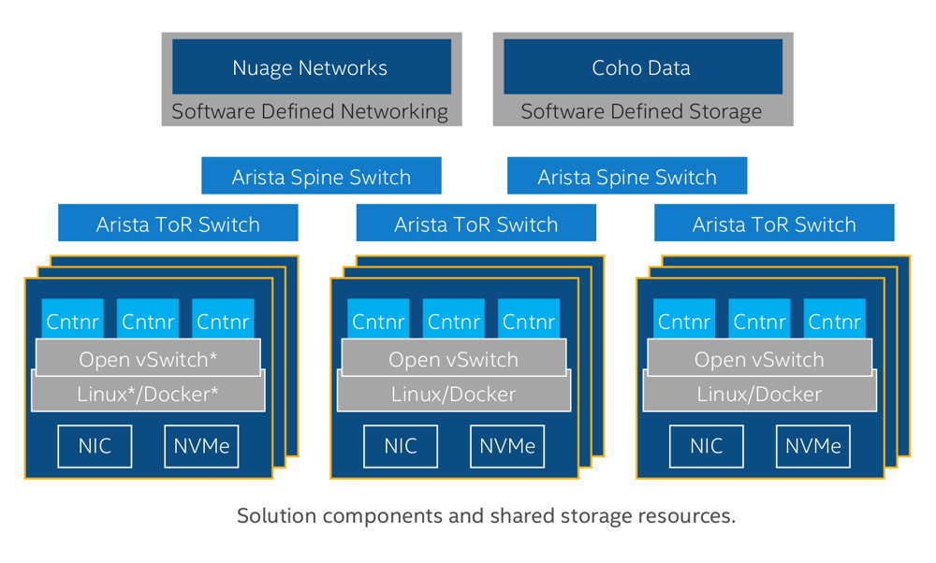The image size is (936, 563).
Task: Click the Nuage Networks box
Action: pyautogui.click(x=309, y=67)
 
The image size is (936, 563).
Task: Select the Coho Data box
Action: pyautogui.click(x=642, y=67)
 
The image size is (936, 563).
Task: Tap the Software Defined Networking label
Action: pyautogui.click(x=309, y=111)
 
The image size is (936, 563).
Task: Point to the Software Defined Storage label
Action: pyautogui.click(x=642, y=111)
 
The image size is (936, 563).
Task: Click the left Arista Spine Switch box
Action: pyautogui.click(x=321, y=177)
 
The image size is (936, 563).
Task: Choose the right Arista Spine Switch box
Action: pyautogui.click(x=627, y=177)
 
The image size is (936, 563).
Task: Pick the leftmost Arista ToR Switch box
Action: pyautogui.click(x=178, y=224)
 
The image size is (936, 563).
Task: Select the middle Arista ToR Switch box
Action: pyautogui.click(x=475, y=224)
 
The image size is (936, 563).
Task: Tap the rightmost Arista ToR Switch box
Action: pyautogui.click(x=774, y=224)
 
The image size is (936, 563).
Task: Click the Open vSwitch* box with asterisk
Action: pyautogui.click(x=148, y=358)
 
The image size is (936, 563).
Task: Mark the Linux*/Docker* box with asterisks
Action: pyautogui.click(x=148, y=395)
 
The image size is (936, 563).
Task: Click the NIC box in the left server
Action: pyautogui.click(x=95, y=446)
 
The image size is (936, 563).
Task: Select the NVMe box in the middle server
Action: pyautogui.click(x=507, y=446)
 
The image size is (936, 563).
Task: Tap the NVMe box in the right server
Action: pyautogui.click(x=813, y=446)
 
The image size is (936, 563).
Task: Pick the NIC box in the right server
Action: pyautogui.click(x=706, y=446)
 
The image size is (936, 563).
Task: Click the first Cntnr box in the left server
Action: pyautogui.click(x=72, y=321)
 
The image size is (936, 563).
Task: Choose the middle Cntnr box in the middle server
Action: pyautogui.click(x=454, y=321)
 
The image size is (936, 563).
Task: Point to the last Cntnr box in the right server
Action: pyautogui.click(x=834, y=321)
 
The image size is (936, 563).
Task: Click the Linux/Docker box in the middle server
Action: pyautogui.click(x=453, y=395)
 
